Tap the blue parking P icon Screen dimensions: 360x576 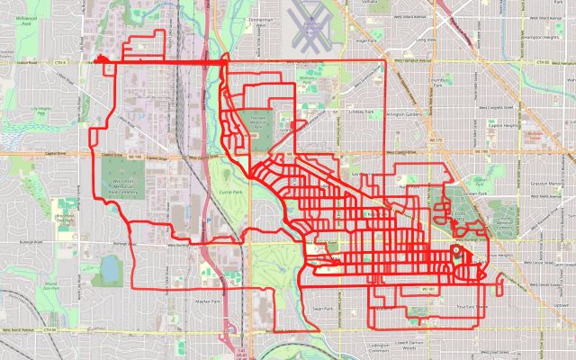click(210, 219)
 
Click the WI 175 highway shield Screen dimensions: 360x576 click(436, 140)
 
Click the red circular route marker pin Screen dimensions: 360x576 click(455, 252)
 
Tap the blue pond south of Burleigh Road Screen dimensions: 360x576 click(111, 267)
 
